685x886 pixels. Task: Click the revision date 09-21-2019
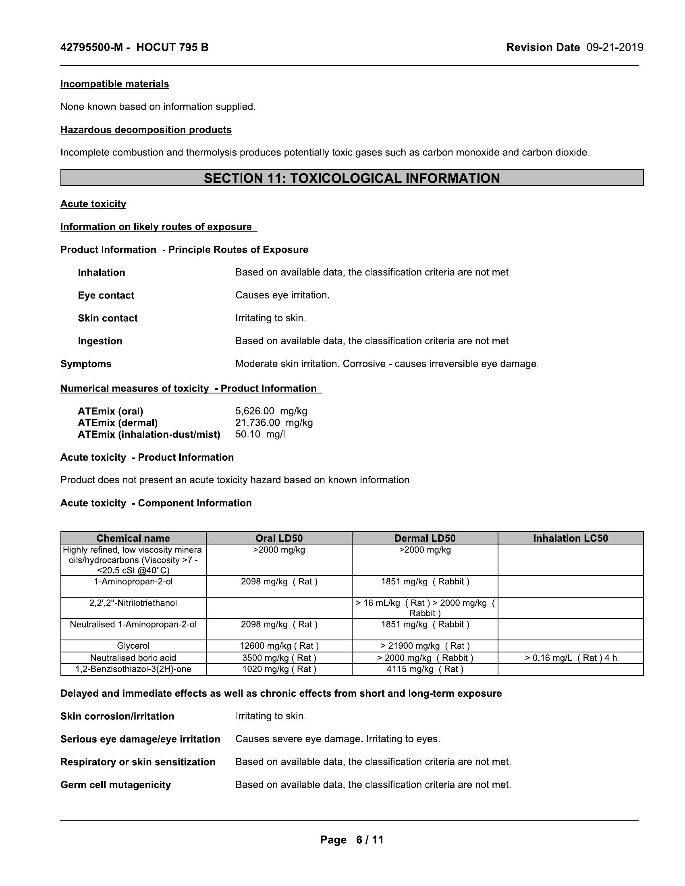pyautogui.click(x=614, y=48)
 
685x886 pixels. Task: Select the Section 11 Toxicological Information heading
pyautogui.click(x=351, y=178)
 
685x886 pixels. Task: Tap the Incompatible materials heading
pyautogui.click(x=114, y=84)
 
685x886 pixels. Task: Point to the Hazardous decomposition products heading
pyautogui.click(x=146, y=130)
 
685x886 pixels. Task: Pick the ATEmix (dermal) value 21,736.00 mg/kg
pyautogui.click(x=274, y=423)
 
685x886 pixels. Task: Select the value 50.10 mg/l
pyautogui.click(x=260, y=435)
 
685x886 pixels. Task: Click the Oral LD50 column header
pyautogui.click(x=279, y=538)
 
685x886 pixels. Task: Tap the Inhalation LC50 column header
pyautogui.click(x=571, y=538)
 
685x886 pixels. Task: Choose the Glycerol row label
pyautogui.click(x=133, y=646)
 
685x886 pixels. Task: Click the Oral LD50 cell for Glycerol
pyautogui.click(x=279, y=646)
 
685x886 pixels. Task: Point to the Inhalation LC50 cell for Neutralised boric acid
pyautogui.click(x=571, y=658)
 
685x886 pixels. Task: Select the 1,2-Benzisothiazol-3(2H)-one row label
pyautogui.click(x=133, y=669)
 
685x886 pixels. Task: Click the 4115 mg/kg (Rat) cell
pyautogui.click(x=425, y=669)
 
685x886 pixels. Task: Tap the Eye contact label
pyautogui.click(x=106, y=295)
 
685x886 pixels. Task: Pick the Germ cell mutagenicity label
pyautogui.click(x=116, y=785)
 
